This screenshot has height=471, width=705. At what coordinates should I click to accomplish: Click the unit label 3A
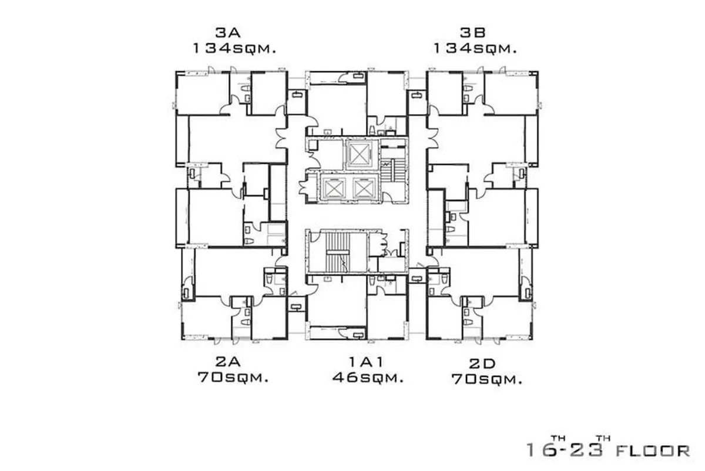point(228,32)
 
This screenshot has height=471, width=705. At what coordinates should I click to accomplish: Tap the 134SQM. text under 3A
point(234,49)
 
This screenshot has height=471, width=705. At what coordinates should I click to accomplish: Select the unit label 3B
point(473,32)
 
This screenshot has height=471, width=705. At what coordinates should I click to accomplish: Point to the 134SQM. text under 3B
point(475,49)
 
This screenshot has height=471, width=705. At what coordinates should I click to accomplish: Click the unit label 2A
point(228,362)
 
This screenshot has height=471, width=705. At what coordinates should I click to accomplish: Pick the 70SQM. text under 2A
point(233,378)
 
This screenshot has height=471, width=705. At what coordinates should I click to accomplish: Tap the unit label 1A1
point(367,362)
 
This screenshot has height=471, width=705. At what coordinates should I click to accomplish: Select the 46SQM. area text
point(368,378)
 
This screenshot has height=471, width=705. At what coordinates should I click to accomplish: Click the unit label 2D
point(482,364)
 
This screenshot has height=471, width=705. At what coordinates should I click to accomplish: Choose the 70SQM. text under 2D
point(487,379)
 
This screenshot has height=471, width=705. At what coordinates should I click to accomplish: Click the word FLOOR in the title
point(653,451)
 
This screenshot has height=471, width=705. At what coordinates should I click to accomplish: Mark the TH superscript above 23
point(603,438)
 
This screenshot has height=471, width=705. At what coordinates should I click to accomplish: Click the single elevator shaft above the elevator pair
point(359,154)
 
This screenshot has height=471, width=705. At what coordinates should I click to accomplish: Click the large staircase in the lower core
point(338,252)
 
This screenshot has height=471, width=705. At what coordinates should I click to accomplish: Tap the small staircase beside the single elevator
point(393,170)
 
